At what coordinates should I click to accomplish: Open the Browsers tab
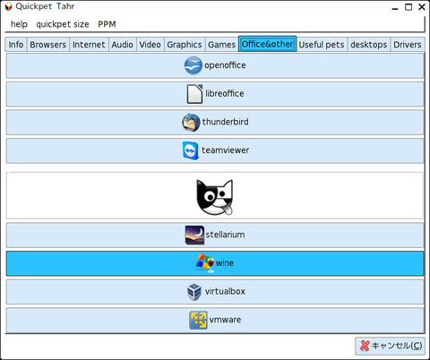pyautogui.click(x=48, y=45)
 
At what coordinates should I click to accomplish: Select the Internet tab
pyautogui.click(x=89, y=45)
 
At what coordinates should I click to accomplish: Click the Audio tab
pyautogui.click(x=123, y=45)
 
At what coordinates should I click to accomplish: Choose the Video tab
pyautogui.click(x=150, y=45)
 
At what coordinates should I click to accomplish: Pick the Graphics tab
pyautogui.click(x=185, y=45)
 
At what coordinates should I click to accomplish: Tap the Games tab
pyautogui.click(x=222, y=45)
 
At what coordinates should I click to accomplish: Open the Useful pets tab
pyautogui.click(x=322, y=45)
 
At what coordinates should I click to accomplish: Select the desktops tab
pyautogui.click(x=369, y=45)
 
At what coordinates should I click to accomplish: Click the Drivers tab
pyautogui.click(x=408, y=45)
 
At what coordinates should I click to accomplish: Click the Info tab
pyautogui.click(x=16, y=45)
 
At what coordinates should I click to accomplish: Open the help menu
pyautogui.click(x=19, y=24)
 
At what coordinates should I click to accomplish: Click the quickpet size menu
pyautogui.click(x=63, y=24)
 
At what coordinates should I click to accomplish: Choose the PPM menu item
pyautogui.click(x=107, y=24)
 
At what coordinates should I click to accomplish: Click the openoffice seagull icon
pyautogui.click(x=193, y=65)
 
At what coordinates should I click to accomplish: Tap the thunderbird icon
pyautogui.click(x=191, y=123)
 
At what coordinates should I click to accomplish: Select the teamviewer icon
pyautogui.click(x=191, y=150)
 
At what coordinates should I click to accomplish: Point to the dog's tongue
pyautogui.click(x=228, y=210)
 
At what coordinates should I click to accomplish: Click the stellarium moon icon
pyautogui.click(x=194, y=235)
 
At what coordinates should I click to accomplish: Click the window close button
pyautogui.click(x=422, y=7)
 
